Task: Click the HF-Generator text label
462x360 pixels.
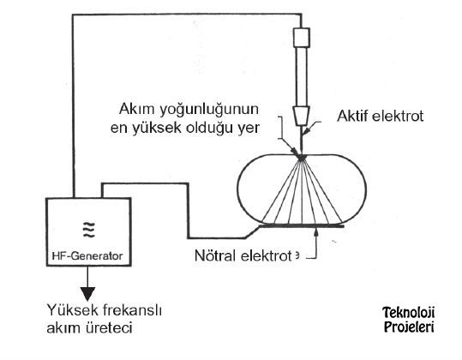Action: coord(87,255)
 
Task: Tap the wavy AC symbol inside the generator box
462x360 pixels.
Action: coord(88,230)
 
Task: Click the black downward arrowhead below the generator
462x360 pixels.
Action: coord(87,294)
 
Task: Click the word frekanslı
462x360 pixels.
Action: coord(133,310)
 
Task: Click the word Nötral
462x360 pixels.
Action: coord(215,255)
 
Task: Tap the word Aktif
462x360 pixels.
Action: coord(352,116)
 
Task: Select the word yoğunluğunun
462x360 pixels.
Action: coord(209,111)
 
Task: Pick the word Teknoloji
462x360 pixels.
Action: coord(408,313)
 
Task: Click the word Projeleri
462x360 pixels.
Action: coord(409,327)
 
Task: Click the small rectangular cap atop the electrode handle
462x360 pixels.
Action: coord(302,38)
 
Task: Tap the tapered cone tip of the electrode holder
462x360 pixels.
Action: coord(302,116)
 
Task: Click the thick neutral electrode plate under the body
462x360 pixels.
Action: coord(301,226)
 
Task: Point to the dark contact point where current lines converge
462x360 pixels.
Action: coord(301,158)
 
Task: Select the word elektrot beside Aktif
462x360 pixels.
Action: coord(398,116)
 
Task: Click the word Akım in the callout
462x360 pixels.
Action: coord(137,109)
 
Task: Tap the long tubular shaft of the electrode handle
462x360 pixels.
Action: coord(302,76)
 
